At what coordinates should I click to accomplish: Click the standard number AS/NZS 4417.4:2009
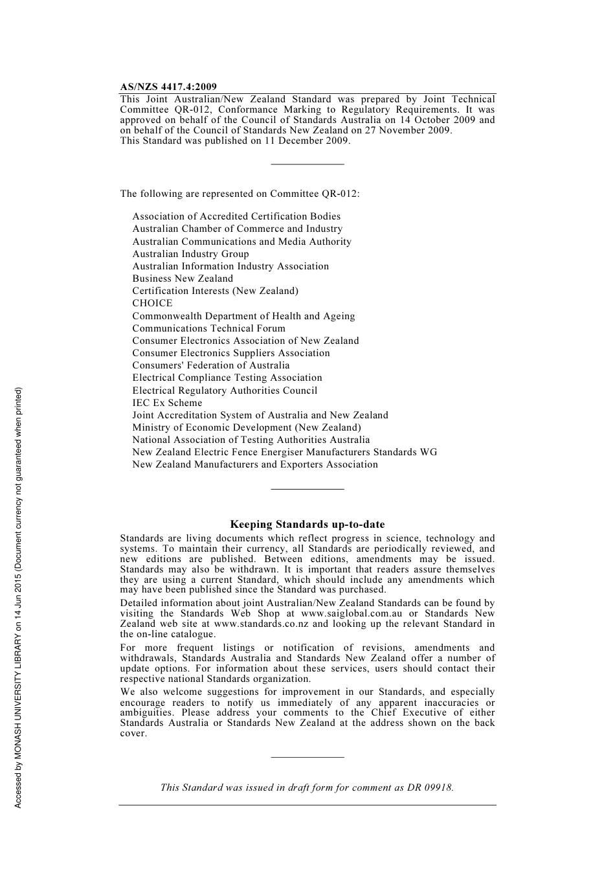coord(168,87)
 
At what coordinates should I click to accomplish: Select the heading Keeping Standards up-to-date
coord(307,525)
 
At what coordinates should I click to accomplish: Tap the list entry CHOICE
coord(153,303)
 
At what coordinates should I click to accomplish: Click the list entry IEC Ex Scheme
coord(167,403)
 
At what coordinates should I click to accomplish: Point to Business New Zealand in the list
coord(183,278)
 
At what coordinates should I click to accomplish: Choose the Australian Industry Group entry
coord(190,254)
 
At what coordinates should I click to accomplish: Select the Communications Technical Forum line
coord(208,328)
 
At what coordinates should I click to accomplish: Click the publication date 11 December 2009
coord(307,141)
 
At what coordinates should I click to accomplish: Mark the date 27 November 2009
coord(408,130)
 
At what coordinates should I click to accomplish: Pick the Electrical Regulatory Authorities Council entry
coord(225,390)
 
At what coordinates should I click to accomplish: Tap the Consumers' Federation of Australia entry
coord(211,365)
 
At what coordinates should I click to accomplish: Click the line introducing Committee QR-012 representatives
coord(240,194)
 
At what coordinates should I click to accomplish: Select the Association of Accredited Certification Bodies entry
coord(236,216)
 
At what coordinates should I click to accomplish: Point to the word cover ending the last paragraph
coord(133,734)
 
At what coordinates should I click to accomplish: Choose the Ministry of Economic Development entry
coord(247,427)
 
